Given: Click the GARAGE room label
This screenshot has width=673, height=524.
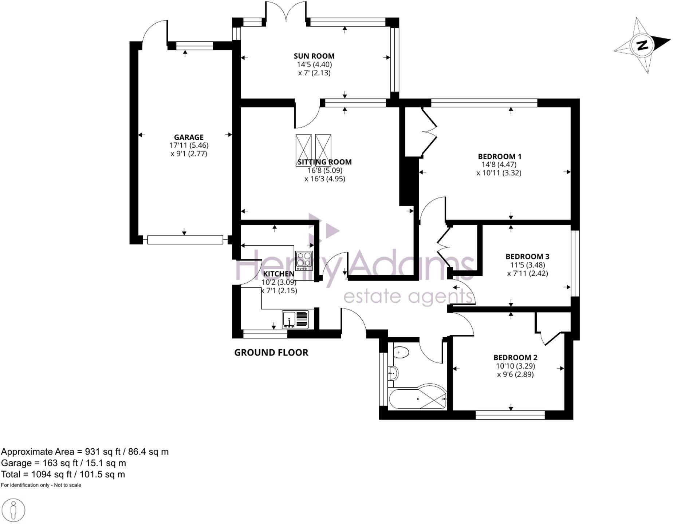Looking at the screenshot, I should point(189,137).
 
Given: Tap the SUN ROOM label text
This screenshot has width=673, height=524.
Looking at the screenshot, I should point(314,56).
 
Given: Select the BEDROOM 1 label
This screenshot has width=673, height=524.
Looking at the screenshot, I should point(500,156).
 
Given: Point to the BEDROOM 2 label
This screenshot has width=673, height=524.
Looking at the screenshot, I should point(515,358).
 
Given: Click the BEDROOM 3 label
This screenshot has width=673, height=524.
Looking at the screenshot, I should point(527,257).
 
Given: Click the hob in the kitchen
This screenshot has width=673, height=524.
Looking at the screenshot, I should point(304,261).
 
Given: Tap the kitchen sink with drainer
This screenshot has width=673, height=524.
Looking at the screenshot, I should point(296,319).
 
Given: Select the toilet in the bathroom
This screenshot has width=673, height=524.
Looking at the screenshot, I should point(401,352).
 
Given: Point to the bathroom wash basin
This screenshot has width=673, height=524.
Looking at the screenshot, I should point(393,373).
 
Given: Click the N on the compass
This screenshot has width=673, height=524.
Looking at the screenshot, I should point(642,45).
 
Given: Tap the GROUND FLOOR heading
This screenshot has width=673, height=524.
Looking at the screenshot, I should point(271,353).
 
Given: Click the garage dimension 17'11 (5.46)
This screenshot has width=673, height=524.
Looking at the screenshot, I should point(189,145).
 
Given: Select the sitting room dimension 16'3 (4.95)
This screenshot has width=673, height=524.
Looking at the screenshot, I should point(325,179).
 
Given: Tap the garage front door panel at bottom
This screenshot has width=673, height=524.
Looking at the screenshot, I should point(185,240).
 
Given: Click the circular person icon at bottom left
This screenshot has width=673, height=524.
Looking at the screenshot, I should point(13,510).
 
